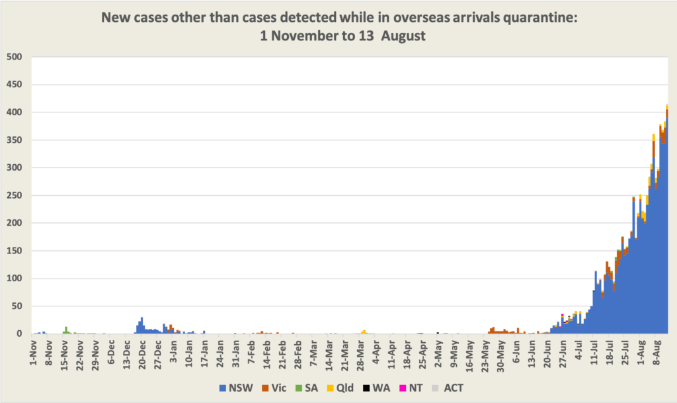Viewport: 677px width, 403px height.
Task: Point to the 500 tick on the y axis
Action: click(15, 58)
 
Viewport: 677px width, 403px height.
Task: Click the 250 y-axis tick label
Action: click(15, 196)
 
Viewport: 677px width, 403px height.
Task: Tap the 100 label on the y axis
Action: click(15, 279)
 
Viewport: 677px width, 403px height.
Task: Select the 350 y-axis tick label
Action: click(15, 140)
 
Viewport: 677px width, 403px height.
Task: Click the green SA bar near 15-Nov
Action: click(65, 330)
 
